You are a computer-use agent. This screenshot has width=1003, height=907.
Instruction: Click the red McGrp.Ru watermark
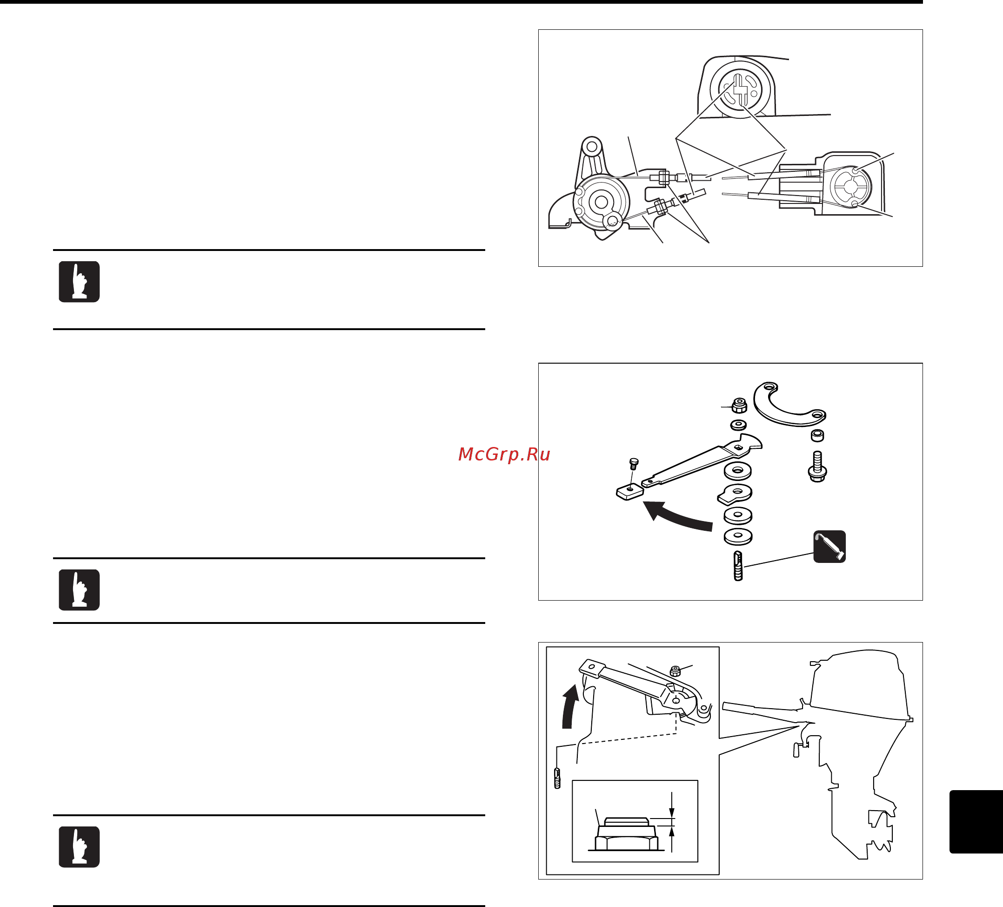(x=503, y=454)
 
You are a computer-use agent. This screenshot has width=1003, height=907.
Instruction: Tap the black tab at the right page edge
(x=975, y=821)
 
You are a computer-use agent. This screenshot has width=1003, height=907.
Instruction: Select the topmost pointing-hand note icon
(x=79, y=282)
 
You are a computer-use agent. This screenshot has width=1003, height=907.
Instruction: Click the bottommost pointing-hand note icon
(x=79, y=847)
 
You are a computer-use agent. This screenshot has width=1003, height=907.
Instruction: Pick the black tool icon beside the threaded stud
(x=829, y=547)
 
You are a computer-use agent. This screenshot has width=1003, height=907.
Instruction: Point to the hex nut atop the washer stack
(x=739, y=405)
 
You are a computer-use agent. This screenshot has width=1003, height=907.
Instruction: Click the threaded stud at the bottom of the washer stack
(x=738, y=566)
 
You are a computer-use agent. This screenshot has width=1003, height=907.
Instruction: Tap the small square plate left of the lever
(x=629, y=492)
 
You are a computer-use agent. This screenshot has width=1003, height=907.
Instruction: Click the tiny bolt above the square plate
(x=634, y=463)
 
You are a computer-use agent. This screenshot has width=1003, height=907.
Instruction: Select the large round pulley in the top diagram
(x=601, y=202)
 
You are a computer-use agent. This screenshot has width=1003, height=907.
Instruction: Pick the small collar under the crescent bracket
(x=817, y=436)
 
